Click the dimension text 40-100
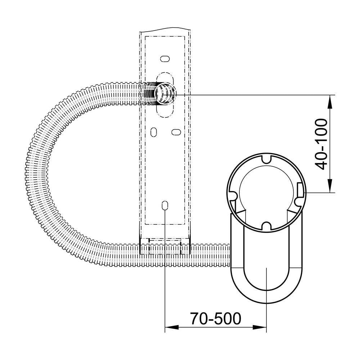(x=321, y=144)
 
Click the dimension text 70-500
(x=216, y=319)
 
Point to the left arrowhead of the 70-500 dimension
(x=172, y=327)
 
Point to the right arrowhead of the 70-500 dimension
(x=260, y=327)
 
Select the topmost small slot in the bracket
(x=165, y=59)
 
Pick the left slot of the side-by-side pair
(x=154, y=132)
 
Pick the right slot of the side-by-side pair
(x=176, y=132)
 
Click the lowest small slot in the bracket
(x=165, y=205)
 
